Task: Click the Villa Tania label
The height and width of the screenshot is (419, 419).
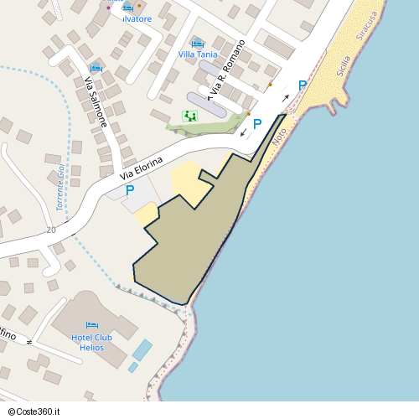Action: click(199, 54)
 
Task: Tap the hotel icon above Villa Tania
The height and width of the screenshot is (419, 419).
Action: click(198, 44)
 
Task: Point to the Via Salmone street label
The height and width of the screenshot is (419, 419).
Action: click(96, 101)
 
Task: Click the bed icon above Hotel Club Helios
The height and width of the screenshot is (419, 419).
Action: click(91, 325)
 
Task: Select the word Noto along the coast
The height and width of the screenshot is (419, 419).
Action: click(280, 133)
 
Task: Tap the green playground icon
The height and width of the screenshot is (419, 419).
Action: click(189, 116)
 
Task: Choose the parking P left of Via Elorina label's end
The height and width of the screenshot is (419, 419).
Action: click(130, 191)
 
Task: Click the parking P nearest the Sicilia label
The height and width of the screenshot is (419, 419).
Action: click(303, 85)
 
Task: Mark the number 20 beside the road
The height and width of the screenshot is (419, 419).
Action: click(52, 230)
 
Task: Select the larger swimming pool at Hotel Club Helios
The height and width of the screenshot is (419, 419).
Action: click(142, 349)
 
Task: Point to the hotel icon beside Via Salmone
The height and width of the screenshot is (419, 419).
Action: click(95, 67)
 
